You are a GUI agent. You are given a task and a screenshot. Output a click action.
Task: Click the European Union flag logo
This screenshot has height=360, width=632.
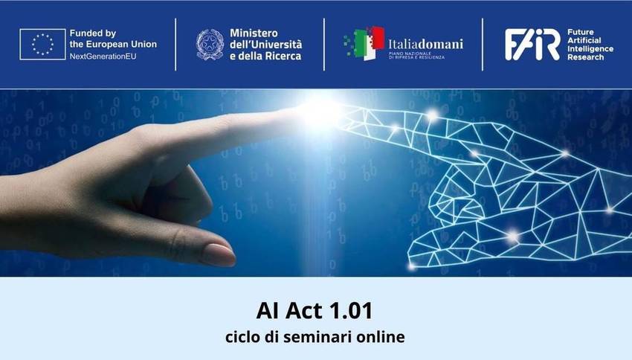click(42, 44)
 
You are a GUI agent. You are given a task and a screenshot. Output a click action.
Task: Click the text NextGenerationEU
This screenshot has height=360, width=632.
click(103, 57)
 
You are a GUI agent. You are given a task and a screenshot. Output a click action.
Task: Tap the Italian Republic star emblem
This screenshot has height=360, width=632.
click(210, 45)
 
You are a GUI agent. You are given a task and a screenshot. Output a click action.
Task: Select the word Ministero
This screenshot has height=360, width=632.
click(254, 33)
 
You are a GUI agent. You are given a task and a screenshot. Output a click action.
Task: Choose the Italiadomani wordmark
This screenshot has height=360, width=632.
click(425, 44)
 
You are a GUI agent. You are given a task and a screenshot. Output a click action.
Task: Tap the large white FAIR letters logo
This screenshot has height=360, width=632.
click(532, 45)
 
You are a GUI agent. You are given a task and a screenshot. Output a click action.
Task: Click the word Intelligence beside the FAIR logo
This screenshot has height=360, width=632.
click(590, 49)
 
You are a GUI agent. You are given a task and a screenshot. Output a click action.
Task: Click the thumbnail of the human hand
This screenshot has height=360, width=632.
click(219, 255)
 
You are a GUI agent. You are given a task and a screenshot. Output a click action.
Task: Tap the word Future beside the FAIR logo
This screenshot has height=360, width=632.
click(581, 32)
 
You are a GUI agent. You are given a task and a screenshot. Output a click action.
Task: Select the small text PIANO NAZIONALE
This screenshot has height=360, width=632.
click(410, 53)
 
